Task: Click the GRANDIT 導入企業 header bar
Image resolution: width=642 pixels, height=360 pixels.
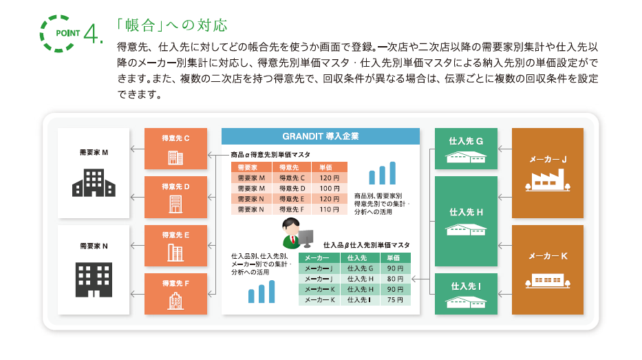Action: click(x=321, y=136)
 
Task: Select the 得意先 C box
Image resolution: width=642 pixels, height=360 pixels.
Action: click(x=175, y=149)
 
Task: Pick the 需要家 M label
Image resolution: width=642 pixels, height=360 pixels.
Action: click(x=94, y=152)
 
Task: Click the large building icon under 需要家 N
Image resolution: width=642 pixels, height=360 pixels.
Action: click(x=94, y=279)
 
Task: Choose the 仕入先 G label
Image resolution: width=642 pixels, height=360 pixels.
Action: click(x=466, y=141)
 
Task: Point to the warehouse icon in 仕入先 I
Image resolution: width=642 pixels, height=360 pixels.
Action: click(x=466, y=302)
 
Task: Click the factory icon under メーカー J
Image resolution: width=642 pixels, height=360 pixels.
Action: click(x=548, y=180)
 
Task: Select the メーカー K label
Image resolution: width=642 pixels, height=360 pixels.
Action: click(x=548, y=256)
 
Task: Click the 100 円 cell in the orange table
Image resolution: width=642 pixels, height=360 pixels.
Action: click(x=330, y=189)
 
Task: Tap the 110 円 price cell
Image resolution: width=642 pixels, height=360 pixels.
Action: click(x=330, y=209)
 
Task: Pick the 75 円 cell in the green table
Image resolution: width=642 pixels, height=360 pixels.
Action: click(x=395, y=300)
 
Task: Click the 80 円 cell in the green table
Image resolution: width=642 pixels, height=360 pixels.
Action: click(x=395, y=279)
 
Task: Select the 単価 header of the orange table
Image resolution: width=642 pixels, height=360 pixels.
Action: click(x=326, y=167)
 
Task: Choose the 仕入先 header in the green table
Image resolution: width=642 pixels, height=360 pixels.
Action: click(x=357, y=257)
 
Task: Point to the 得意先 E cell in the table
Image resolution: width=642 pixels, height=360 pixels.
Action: click(x=292, y=199)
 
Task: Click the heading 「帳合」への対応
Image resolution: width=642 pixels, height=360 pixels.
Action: click(x=172, y=25)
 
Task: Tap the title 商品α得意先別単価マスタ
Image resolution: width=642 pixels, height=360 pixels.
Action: click(x=270, y=155)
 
